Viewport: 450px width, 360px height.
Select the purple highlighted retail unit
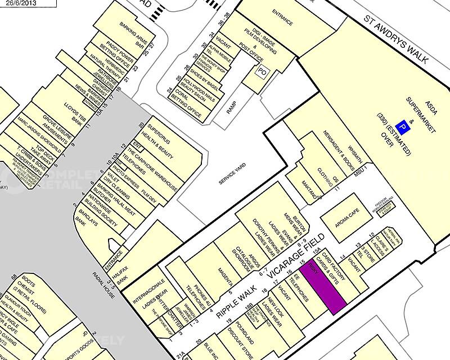322,287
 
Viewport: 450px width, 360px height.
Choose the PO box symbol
262,72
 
